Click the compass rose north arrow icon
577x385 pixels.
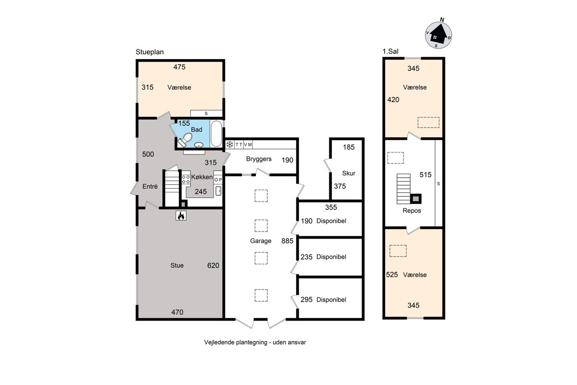[x=438, y=35]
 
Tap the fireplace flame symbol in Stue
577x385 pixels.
[x=181, y=216]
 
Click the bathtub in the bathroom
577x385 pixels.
[x=216, y=134]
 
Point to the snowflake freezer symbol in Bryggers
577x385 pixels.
[x=229, y=144]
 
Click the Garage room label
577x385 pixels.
[x=261, y=241]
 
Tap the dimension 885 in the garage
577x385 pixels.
[x=287, y=241]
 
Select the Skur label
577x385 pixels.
[x=349, y=173]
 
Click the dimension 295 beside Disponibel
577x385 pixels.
[x=306, y=300]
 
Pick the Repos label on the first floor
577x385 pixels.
[x=412, y=211]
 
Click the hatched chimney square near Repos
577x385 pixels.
[x=416, y=199]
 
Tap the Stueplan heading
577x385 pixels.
[x=150, y=52]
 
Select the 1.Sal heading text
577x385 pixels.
[x=390, y=51]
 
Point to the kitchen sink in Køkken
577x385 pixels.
[x=218, y=191]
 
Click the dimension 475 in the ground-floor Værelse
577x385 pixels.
[x=179, y=67]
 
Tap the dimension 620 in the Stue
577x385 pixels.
[x=213, y=265]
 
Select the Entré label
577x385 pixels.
[x=150, y=186]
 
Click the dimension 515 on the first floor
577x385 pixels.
[x=425, y=175]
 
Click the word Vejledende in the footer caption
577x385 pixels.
[x=219, y=343]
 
